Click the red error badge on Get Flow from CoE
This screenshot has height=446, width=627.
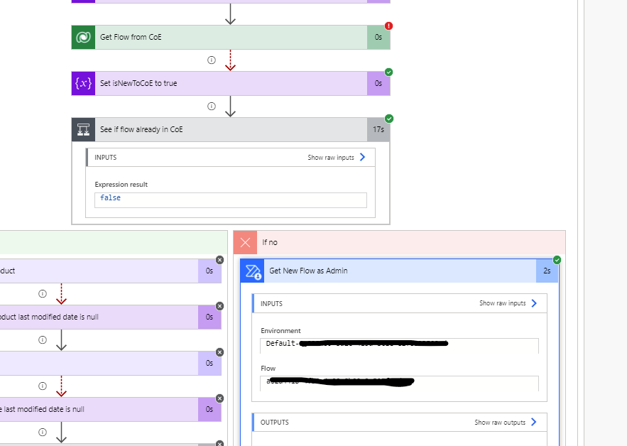389,26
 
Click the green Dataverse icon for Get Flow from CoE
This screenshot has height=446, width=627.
84,37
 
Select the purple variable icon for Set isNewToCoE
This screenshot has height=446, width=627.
84,83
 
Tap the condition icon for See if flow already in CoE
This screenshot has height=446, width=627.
84,129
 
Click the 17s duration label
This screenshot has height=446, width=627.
378,129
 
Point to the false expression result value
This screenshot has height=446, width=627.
110,198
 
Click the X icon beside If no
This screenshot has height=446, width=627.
246,242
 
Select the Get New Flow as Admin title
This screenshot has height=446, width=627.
308,271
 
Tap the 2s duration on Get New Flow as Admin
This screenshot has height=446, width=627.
546,271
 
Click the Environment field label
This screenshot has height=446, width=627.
280,331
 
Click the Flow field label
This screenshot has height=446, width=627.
268,369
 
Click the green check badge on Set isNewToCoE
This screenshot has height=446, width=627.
389,72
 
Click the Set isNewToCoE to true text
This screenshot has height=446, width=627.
138,83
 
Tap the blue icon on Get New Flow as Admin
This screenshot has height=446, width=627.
253,271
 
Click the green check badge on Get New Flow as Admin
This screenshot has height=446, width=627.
557,260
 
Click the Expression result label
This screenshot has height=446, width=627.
121,185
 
